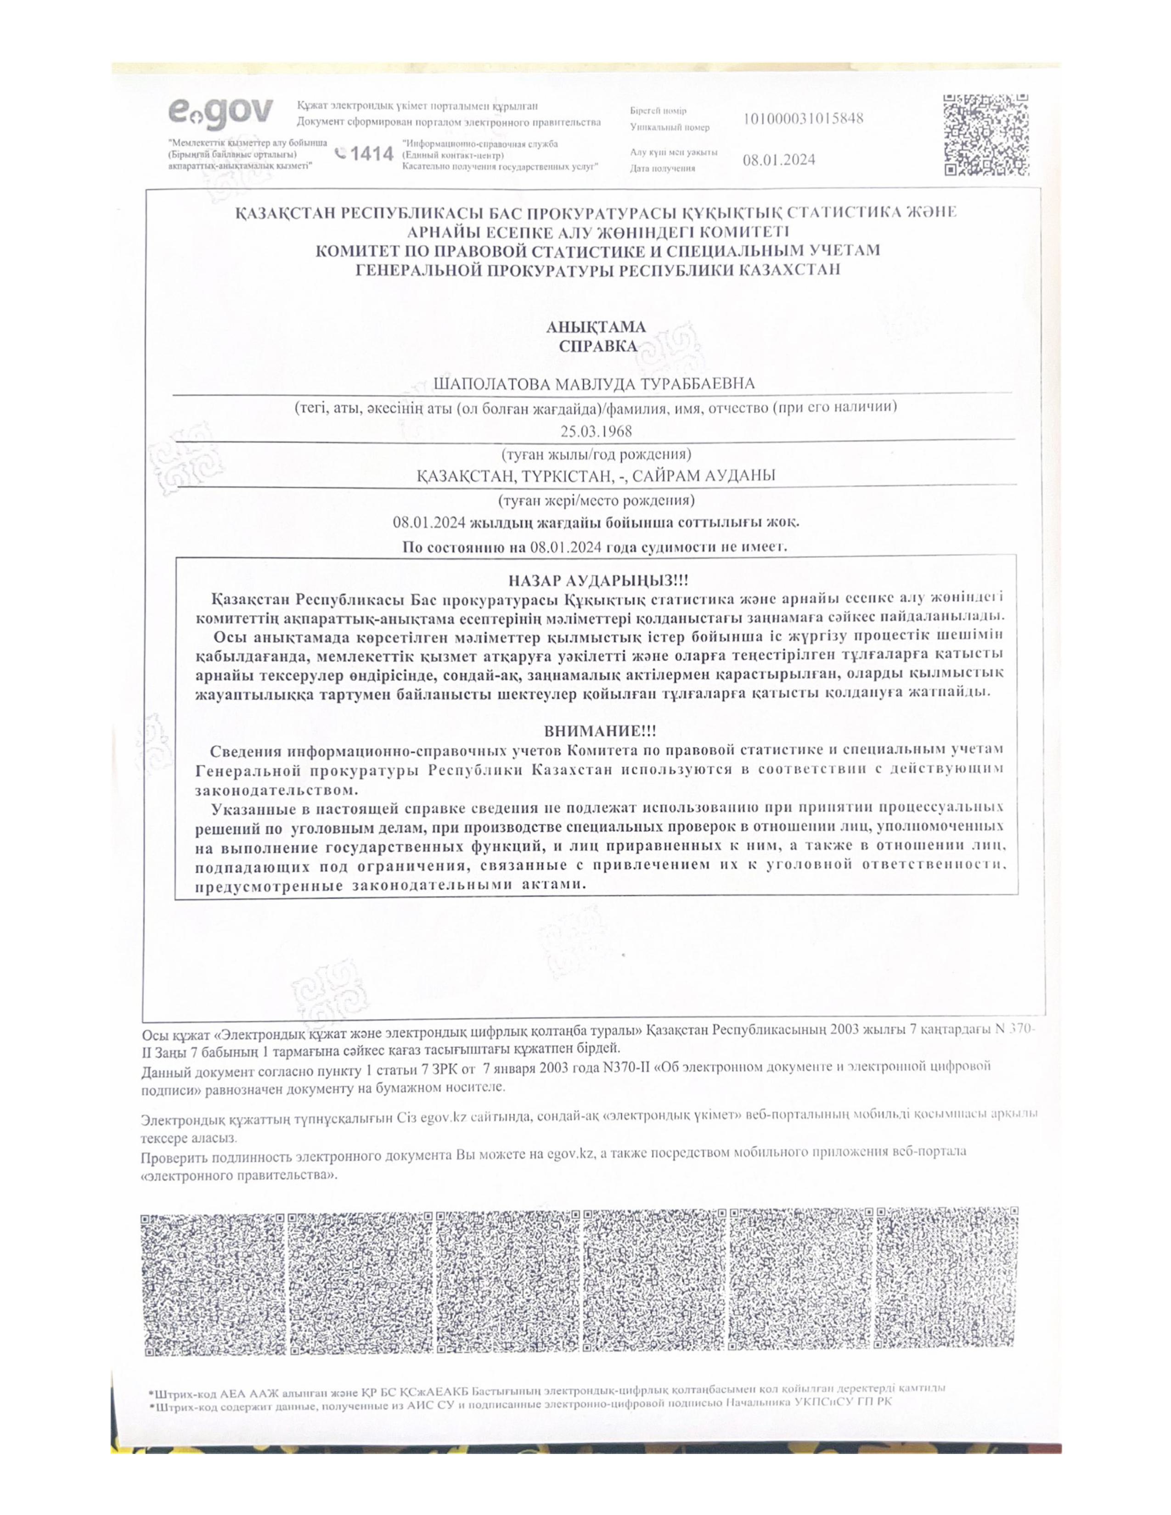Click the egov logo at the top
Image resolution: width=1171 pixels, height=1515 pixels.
220,113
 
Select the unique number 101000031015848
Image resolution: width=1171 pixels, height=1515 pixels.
803,118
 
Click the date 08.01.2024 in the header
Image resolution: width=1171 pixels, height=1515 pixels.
778,160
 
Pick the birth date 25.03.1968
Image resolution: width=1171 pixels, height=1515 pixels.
596,431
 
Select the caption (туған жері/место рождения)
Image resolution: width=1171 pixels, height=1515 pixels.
596,499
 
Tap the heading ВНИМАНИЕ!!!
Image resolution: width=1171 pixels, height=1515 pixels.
599,730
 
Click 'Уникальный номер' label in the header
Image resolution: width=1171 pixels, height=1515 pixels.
670,128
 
